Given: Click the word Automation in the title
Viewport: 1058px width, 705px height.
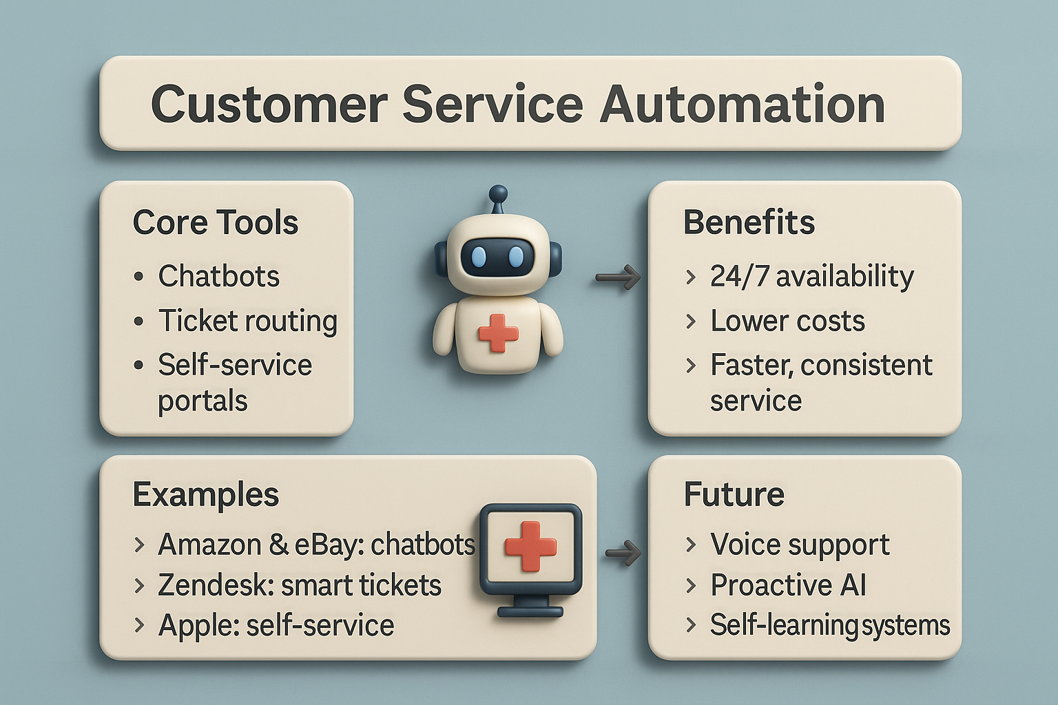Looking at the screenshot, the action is click(742, 104).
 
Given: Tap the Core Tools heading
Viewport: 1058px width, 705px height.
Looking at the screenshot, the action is click(216, 222).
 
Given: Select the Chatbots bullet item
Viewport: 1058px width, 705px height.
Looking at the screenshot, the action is click(218, 276).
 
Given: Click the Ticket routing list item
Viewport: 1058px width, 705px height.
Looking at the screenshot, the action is click(247, 321).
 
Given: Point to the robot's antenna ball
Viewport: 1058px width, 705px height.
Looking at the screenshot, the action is click(498, 193).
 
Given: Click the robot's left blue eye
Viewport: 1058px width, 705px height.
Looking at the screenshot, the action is click(479, 257).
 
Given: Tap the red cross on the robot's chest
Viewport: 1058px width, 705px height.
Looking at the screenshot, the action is click(498, 333).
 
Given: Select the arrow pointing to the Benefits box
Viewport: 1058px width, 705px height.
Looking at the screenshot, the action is click(617, 277).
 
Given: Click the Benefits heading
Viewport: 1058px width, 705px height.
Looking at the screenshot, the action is click(749, 222).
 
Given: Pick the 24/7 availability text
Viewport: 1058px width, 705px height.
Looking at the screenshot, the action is click(812, 277).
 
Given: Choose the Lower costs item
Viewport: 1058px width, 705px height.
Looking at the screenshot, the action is click(787, 321).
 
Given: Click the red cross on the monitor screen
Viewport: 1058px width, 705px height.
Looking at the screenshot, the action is click(530, 547).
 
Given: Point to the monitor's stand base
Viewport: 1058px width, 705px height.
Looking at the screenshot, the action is click(530, 612).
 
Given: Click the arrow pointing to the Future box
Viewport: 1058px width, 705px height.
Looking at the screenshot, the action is click(623, 552).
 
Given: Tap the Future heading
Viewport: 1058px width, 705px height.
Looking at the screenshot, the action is click(734, 494).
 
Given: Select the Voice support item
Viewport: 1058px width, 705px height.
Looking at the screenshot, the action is click(800, 545).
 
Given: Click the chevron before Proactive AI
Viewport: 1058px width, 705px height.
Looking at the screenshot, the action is click(691, 585).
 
